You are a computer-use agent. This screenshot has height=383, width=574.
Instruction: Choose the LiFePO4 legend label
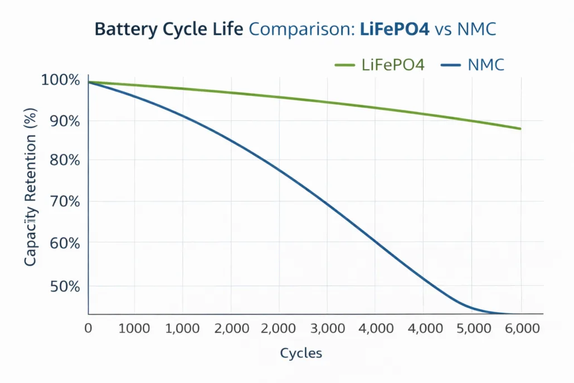point(393,65)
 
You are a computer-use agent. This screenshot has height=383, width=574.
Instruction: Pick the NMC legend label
point(486,65)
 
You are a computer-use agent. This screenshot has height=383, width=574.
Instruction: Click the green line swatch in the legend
point(346,65)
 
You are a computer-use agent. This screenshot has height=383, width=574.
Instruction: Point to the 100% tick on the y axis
point(61,80)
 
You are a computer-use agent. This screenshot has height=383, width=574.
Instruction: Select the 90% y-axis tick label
point(65,121)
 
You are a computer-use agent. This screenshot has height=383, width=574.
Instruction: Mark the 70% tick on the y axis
point(65,201)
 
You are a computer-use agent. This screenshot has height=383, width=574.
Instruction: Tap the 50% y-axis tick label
point(65,287)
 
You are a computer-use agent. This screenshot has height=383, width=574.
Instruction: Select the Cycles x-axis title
point(301,353)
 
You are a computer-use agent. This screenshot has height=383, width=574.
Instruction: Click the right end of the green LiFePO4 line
point(520,129)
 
